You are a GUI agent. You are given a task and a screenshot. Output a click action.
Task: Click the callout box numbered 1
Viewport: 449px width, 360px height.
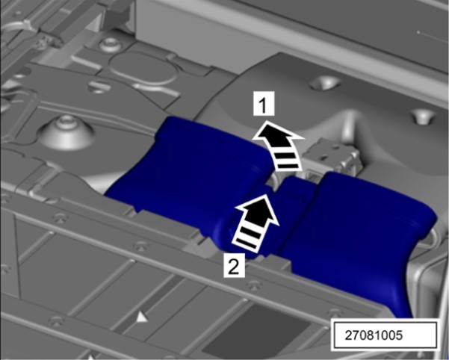click(x=264, y=104)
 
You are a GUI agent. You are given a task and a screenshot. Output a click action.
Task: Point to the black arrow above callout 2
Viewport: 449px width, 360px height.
click(x=255, y=222)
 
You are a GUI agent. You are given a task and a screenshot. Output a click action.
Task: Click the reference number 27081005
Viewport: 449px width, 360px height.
click(x=374, y=335)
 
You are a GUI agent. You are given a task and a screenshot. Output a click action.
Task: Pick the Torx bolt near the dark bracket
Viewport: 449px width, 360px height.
click(x=110, y=45)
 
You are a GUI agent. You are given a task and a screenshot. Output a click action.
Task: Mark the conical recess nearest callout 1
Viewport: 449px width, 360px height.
click(x=325, y=82)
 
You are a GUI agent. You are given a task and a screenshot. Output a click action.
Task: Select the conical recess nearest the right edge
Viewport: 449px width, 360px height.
click(x=424, y=116)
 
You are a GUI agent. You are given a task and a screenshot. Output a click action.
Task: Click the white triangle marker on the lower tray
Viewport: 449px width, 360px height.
click(x=142, y=317)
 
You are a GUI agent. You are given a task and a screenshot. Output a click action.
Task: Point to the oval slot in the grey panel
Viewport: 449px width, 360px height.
click(x=99, y=87)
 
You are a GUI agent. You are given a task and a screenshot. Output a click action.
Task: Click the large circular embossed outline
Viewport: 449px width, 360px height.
click(x=143, y=69)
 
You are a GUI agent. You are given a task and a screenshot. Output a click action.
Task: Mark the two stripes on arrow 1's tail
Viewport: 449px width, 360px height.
click(x=287, y=161)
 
